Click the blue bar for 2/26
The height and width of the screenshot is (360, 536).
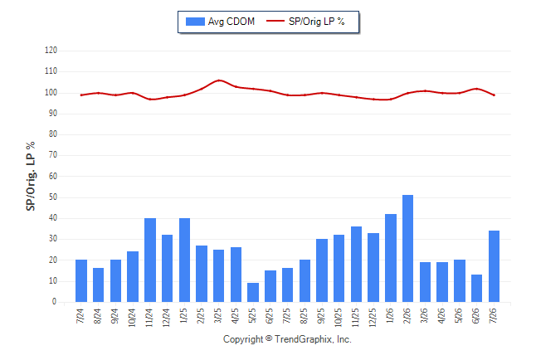click(x=408, y=248)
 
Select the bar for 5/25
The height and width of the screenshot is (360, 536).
click(x=253, y=292)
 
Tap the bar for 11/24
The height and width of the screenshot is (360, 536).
click(x=150, y=260)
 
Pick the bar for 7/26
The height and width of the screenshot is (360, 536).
click(x=494, y=266)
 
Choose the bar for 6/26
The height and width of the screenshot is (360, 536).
click(x=476, y=288)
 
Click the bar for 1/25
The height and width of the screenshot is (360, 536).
click(x=184, y=260)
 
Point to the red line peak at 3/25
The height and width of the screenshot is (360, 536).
click(x=219, y=80)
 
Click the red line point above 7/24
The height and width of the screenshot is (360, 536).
click(x=81, y=95)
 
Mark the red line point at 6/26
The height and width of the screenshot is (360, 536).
click(x=476, y=89)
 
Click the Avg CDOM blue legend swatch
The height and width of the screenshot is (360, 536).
click(x=195, y=22)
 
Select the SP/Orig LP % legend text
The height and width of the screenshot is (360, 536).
click(x=317, y=22)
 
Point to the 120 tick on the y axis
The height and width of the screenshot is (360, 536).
click(x=51, y=51)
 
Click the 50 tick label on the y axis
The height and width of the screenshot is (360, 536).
click(x=52, y=197)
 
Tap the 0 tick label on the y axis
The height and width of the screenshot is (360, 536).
click(x=55, y=302)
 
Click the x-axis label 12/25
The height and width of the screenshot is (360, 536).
click(x=373, y=318)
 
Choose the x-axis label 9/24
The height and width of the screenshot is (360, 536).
click(x=115, y=316)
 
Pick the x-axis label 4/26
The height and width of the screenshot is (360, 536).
click(x=441, y=316)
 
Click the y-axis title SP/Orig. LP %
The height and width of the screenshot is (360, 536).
click(x=31, y=176)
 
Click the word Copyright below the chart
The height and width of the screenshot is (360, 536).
click(x=243, y=339)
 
